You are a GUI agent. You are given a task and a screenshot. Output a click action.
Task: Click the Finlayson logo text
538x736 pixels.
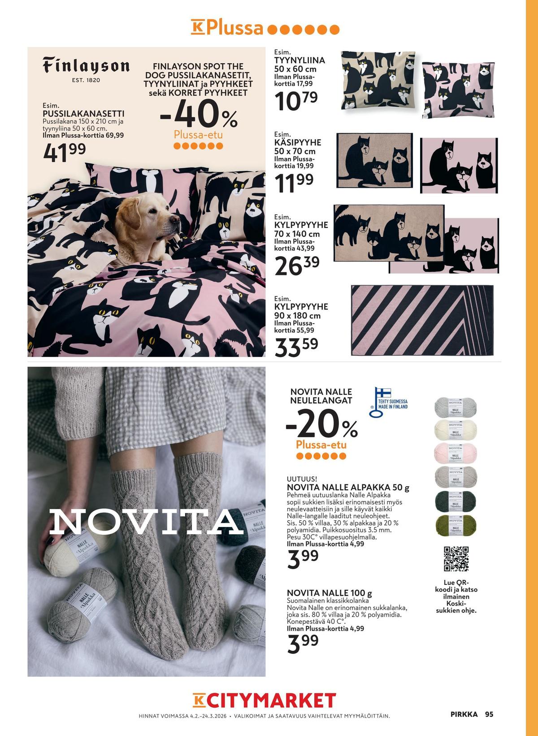[86, 66]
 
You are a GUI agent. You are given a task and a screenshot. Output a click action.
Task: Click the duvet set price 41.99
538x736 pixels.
[65, 152]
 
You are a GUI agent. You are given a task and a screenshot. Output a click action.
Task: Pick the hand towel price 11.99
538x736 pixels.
[294, 183]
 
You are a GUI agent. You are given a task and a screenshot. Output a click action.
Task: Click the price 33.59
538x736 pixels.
[296, 347]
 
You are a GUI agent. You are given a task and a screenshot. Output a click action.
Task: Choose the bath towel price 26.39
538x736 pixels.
[297, 265]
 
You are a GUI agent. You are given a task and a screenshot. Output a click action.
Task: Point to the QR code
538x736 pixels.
[456, 559]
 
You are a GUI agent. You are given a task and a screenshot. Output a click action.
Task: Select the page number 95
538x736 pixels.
[489, 714]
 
